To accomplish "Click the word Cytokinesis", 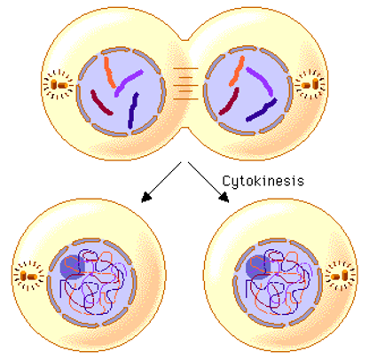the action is (263, 181).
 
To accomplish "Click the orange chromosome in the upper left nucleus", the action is (109, 73).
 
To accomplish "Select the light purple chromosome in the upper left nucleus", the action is (128, 82).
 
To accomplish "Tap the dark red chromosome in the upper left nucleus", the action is (100, 103).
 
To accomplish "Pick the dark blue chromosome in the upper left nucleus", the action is (133, 110).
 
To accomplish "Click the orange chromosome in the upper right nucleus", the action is (237, 71).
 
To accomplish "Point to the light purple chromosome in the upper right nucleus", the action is (261, 81).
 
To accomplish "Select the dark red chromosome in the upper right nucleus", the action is (230, 102).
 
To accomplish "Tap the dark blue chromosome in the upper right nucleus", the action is (262, 111).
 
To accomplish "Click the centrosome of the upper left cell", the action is (59, 85).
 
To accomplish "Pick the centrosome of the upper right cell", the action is (310, 84).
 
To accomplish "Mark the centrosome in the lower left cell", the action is (28, 276).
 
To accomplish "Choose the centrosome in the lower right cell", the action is (341, 276).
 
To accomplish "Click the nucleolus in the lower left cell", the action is (72, 267).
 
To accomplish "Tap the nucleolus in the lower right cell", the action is (258, 267).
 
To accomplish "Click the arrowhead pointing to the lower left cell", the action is (146, 197).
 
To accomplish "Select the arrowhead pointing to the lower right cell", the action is (224, 197).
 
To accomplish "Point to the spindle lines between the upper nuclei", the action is (185, 84).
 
